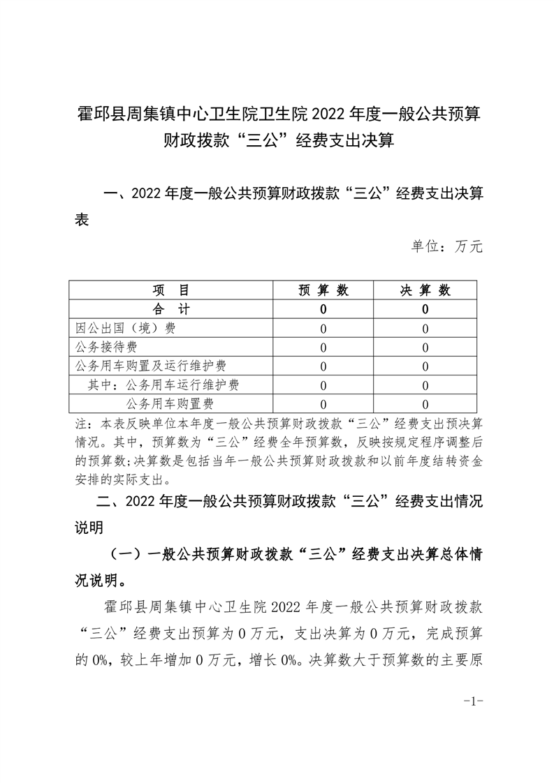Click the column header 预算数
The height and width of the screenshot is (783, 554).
tap(323, 290)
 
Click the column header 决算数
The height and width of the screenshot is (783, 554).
tap(425, 290)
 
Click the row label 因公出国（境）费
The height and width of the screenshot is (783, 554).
tap(126, 328)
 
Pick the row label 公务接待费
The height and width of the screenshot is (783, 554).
tap(106, 347)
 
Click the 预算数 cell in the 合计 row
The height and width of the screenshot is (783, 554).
tap(323, 309)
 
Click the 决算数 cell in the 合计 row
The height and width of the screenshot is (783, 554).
tap(425, 309)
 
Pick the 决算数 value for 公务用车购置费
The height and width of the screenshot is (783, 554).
tap(425, 404)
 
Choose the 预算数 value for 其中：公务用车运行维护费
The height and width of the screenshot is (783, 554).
tap(323, 385)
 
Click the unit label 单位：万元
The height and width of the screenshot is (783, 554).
tap(447, 246)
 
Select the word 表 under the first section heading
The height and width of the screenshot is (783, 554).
tap(82, 218)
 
